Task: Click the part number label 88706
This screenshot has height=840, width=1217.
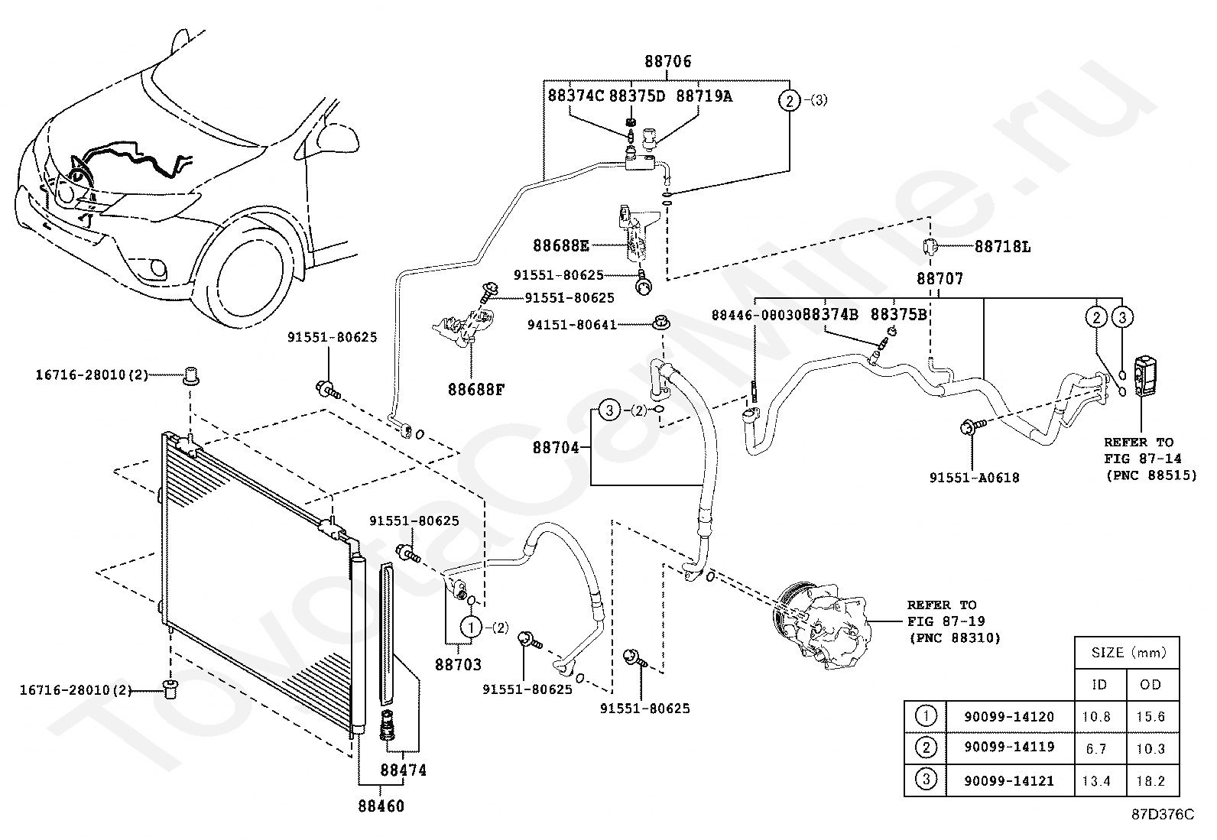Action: coord(667,61)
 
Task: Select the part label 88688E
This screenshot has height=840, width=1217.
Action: coord(560,245)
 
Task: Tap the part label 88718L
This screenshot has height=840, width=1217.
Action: coord(1002,247)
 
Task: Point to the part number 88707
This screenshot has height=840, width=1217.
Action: coord(940,279)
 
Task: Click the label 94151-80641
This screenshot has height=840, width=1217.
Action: coord(572,325)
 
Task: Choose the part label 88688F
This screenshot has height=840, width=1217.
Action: coord(476,390)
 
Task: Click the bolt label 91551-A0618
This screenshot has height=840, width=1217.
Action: coord(974,478)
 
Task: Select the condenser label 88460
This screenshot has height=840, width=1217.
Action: coord(381,806)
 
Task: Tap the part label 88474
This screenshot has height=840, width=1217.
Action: coord(403,770)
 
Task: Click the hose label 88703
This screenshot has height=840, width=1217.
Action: coord(458,664)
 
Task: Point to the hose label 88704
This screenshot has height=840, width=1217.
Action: coord(556,448)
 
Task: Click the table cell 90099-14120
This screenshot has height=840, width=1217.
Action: coord(1009,717)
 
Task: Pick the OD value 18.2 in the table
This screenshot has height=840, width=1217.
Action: coord(1150,781)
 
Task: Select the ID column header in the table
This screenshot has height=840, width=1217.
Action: coord(1099,685)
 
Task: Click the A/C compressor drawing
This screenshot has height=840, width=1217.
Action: coord(822,625)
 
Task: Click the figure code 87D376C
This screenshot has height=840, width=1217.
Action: coord(1163,815)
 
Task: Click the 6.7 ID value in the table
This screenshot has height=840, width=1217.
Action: coord(1096,749)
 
